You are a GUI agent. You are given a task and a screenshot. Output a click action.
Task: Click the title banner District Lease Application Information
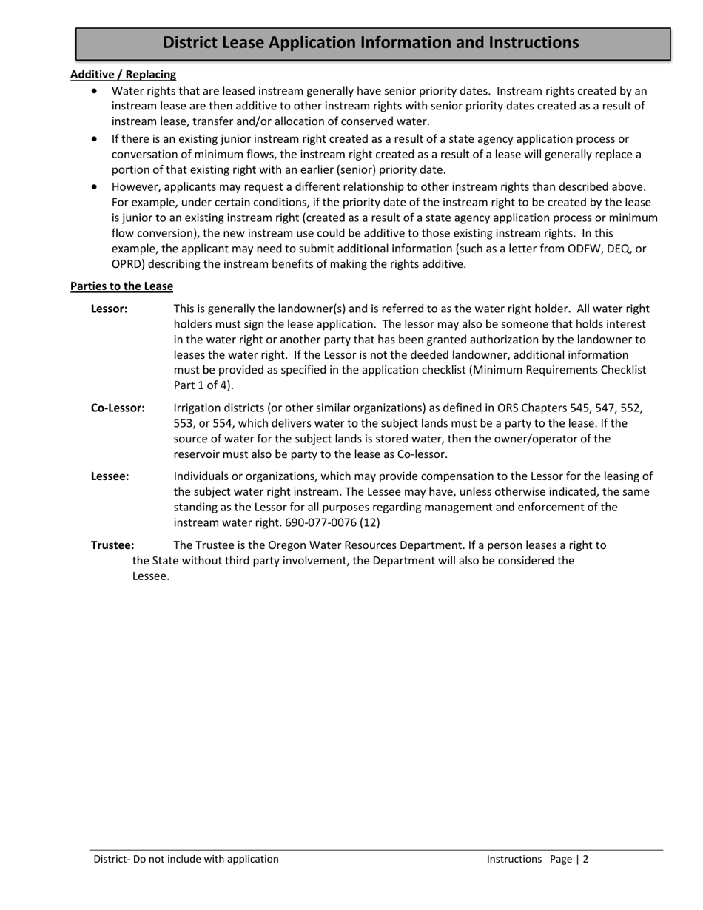click(371, 43)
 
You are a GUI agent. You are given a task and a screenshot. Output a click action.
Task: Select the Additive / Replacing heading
click(123, 74)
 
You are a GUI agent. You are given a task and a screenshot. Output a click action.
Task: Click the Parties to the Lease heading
click(121, 286)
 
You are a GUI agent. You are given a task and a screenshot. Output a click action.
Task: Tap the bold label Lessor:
click(109, 309)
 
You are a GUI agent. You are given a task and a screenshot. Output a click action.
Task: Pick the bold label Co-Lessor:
click(118, 408)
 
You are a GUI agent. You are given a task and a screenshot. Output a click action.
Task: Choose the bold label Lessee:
click(110, 476)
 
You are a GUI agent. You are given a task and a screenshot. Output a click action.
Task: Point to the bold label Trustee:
click(112, 545)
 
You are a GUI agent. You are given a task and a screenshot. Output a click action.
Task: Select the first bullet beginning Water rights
click(94, 91)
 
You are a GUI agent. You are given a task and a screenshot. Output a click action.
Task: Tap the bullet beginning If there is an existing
click(94, 139)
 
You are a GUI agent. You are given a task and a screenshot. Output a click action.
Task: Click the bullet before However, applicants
click(94, 187)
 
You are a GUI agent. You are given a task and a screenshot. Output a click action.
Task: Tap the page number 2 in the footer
click(585, 859)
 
